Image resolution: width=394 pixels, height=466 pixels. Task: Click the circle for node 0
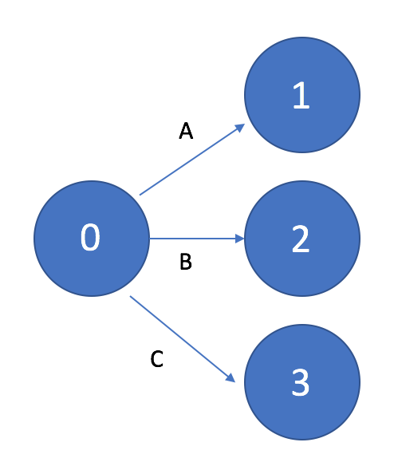(92, 239)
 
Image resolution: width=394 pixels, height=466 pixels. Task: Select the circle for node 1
(302, 95)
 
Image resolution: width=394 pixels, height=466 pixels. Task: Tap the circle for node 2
(302, 239)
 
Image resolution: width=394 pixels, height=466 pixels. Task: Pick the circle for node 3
(302, 382)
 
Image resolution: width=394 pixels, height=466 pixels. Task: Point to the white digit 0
(90, 237)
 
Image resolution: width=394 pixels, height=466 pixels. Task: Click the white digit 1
(301, 95)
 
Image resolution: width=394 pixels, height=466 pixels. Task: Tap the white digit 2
(301, 239)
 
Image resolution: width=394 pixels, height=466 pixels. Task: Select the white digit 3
(301, 382)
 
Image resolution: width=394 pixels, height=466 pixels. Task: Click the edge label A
(186, 131)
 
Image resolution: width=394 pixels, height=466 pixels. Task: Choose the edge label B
(186, 261)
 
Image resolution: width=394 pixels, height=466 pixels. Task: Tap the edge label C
(157, 359)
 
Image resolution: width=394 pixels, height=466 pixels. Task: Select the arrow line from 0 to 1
(192, 160)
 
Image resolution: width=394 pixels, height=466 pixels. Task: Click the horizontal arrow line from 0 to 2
(197, 239)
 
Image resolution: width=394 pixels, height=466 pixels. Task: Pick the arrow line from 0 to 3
(183, 339)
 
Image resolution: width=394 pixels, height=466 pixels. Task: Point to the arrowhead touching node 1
(240, 127)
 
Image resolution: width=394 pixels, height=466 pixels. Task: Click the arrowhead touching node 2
(240, 239)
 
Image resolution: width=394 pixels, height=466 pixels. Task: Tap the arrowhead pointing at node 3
(230, 378)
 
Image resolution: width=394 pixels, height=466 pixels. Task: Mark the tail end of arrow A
(140, 195)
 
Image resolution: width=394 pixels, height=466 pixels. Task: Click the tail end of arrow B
(150, 239)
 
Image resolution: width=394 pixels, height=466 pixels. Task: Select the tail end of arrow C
(131, 296)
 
